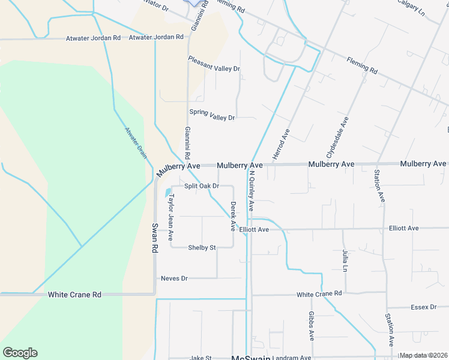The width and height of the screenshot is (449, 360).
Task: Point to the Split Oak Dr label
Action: (201, 186)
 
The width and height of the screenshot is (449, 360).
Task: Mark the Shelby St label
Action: (202, 247)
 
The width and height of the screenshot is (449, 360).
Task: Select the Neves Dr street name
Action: (175, 278)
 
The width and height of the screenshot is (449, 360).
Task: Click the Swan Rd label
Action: (154, 238)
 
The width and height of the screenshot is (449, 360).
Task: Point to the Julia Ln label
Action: (345, 262)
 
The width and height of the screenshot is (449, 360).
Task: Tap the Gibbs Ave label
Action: (312, 326)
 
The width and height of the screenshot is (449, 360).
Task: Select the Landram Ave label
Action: (292, 358)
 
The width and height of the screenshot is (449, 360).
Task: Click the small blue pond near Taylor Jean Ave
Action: (167, 193)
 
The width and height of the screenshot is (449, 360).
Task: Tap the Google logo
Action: (20, 353)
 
